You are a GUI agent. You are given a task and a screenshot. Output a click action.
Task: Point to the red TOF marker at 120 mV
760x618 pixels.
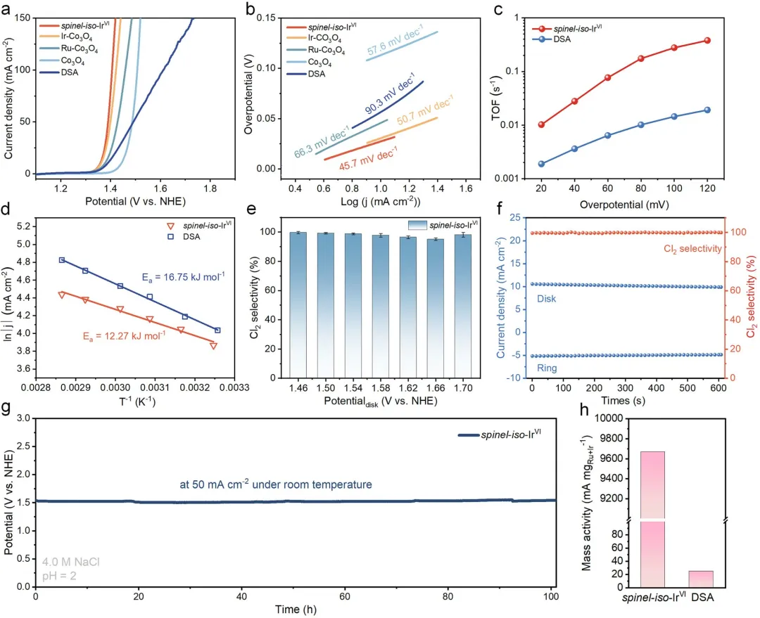point(707,40)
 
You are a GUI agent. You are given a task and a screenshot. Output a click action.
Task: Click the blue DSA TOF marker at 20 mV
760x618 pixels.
point(540,164)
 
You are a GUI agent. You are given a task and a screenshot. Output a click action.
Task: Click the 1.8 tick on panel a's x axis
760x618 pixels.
point(210,188)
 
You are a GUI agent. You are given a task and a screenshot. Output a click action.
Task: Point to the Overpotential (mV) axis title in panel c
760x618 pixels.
point(624,207)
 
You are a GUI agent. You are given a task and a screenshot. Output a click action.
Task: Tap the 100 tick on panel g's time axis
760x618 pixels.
point(551,597)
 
